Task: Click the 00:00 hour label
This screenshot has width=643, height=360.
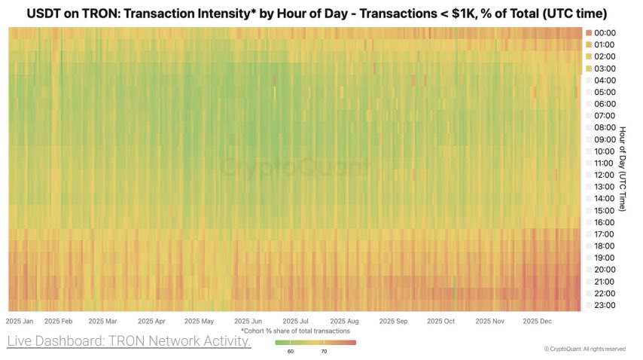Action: pyautogui.click(x=605, y=33)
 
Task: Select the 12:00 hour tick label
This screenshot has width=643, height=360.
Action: pyautogui.click(x=604, y=175)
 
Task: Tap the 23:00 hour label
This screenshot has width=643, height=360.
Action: pyautogui.click(x=605, y=305)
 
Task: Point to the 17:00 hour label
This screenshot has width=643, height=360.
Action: pyautogui.click(x=604, y=234)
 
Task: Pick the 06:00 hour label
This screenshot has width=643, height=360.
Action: pyautogui.click(x=605, y=104)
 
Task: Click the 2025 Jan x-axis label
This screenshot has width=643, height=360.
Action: pyautogui.click(x=20, y=321)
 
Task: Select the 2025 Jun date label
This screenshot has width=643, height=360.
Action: pyautogui.click(x=248, y=321)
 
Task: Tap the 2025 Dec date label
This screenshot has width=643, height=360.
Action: pyautogui.click(x=537, y=321)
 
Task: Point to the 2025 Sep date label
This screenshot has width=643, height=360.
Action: pyautogui.click(x=393, y=321)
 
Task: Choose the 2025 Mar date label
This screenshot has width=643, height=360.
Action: pyautogui.click(x=102, y=321)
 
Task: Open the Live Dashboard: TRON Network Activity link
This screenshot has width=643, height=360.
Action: pyautogui.click(x=130, y=340)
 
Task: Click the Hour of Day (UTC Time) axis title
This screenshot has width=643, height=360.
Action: pyautogui.click(x=623, y=169)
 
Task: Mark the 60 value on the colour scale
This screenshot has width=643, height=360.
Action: pyautogui.click(x=291, y=352)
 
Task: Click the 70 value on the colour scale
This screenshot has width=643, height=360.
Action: pyautogui.click(x=324, y=352)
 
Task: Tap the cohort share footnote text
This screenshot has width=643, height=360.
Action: pyautogui.click(x=296, y=331)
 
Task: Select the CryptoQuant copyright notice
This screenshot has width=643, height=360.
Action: pyautogui.click(x=585, y=349)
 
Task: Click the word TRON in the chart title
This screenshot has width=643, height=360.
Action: pyautogui.click(x=97, y=14)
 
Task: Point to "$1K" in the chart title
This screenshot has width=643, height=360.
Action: pyautogui.click(x=463, y=14)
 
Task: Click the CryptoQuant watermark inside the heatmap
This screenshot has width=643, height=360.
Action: pyautogui.click(x=294, y=167)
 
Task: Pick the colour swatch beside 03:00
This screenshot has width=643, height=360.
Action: pyautogui.click(x=589, y=69)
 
